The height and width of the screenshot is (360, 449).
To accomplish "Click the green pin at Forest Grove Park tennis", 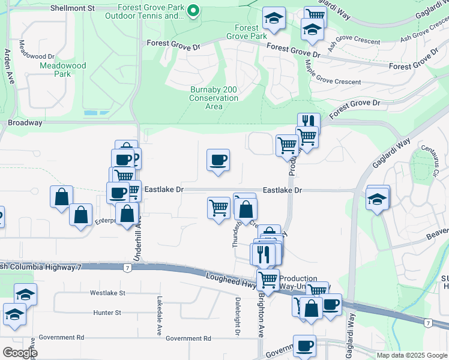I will point(193,11).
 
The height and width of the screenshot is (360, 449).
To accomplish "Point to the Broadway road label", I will point(25,122).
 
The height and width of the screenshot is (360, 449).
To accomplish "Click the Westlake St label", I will point(107,293).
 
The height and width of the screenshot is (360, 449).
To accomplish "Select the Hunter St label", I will point(107,313).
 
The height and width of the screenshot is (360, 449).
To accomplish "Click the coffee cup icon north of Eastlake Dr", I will point(218,160).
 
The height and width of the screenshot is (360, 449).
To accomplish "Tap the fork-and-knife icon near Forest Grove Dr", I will point(309,121).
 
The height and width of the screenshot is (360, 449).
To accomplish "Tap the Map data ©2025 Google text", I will point(412,355).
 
